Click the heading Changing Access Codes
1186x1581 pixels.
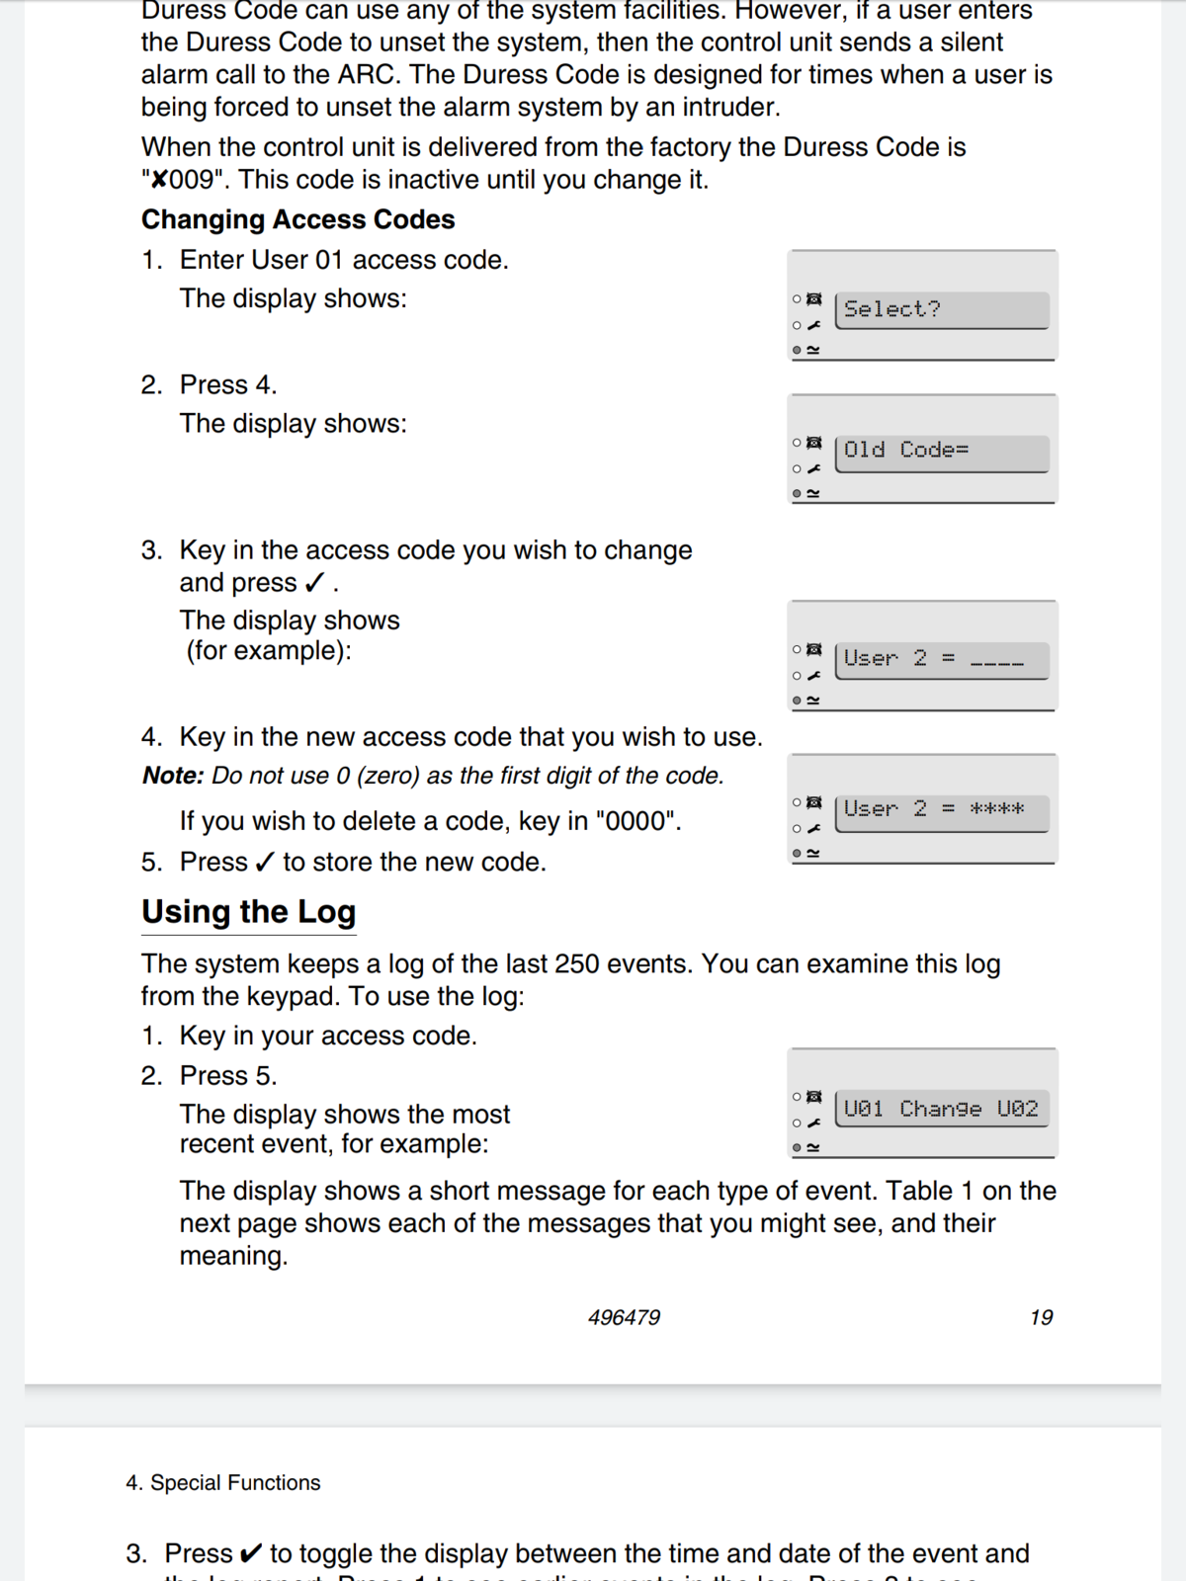tap(297, 219)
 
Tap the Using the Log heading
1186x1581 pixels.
tap(248, 911)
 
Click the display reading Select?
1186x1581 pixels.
tap(941, 309)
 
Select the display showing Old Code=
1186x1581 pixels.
tap(941, 452)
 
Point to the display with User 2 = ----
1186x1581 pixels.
tap(941, 659)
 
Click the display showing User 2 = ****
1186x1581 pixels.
tap(941, 810)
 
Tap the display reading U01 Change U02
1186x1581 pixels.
tap(941, 1110)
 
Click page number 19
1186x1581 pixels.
tap(1041, 1317)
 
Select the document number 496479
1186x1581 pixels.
tap(624, 1317)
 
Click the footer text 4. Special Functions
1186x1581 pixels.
tap(223, 1482)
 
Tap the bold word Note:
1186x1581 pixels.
tap(173, 776)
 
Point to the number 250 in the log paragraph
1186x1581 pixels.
tap(576, 963)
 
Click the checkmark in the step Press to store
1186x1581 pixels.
tap(264, 863)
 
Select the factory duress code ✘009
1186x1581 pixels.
tap(184, 180)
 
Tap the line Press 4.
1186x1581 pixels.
tap(228, 384)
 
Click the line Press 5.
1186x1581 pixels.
tap(228, 1075)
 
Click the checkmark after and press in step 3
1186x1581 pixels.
tap(314, 583)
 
